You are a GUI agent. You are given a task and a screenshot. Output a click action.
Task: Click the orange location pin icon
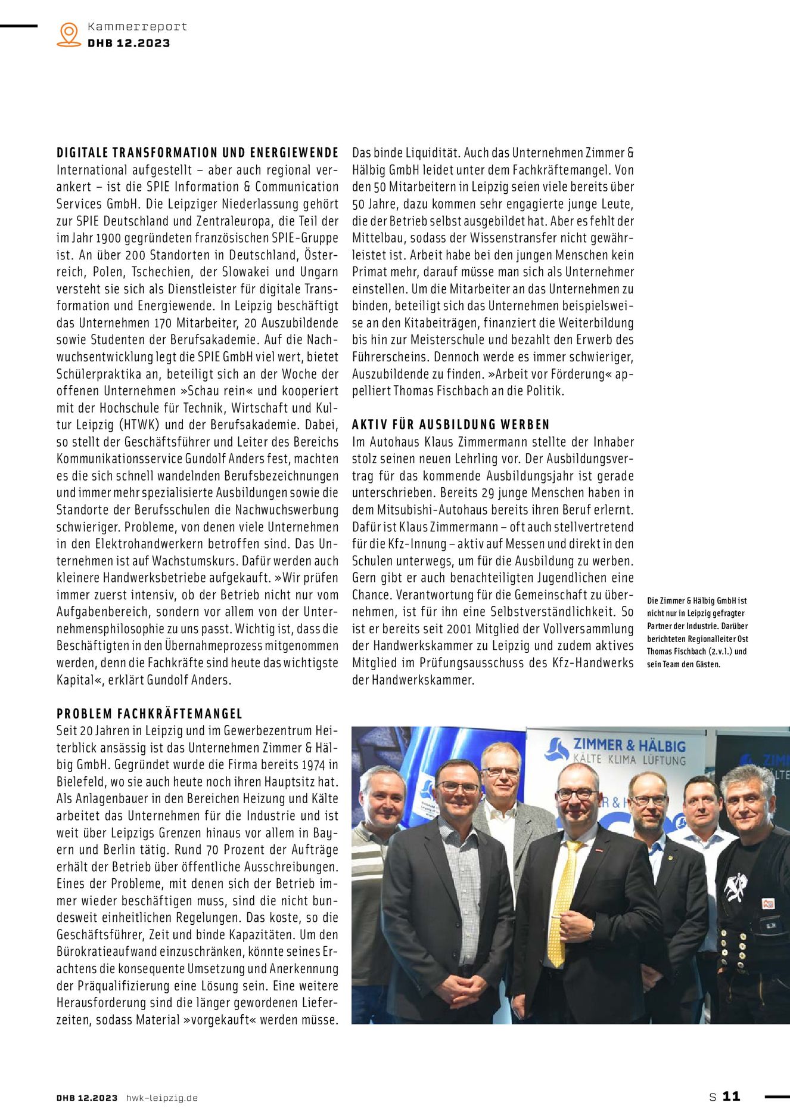tap(69, 34)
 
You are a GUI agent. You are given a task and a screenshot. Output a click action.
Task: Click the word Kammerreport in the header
tap(137, 26)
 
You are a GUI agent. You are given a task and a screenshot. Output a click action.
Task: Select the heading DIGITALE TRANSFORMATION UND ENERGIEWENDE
tap(197, 153)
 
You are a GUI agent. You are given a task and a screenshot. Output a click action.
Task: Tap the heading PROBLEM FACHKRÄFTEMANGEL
tap(150, 714)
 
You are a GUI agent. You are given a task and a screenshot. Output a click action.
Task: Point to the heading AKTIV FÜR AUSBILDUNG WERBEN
tap(451, 425)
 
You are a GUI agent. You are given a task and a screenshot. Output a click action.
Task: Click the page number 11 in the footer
tap(731, 1096)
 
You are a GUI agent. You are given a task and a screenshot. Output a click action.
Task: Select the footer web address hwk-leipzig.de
tap(161, 1098)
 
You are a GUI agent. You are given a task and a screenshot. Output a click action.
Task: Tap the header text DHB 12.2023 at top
tap(129, 43)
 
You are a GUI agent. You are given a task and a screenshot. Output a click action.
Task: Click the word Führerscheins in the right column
tap(390, 357)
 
